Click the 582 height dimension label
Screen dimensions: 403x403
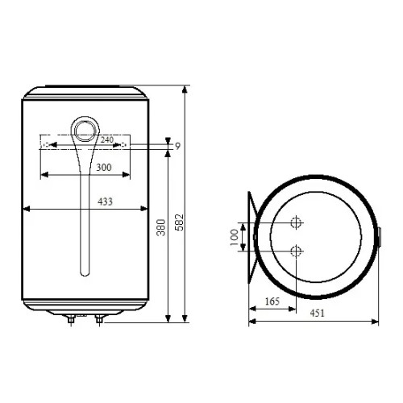tap(179, 222)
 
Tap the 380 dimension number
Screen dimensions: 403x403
tap(161, 227)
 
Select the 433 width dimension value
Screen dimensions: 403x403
tap(105, 201)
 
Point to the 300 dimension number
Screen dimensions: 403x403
tap(104, 168)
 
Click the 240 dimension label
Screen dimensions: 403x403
tap(107, 139)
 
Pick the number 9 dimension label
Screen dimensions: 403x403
tap(177, 147)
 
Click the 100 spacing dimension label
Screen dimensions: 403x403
tap(235, 237)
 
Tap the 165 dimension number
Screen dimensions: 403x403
tap(272, 301)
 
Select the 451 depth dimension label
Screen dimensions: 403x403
tap(318, 314)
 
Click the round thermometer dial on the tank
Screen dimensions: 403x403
tap(85, 131)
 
